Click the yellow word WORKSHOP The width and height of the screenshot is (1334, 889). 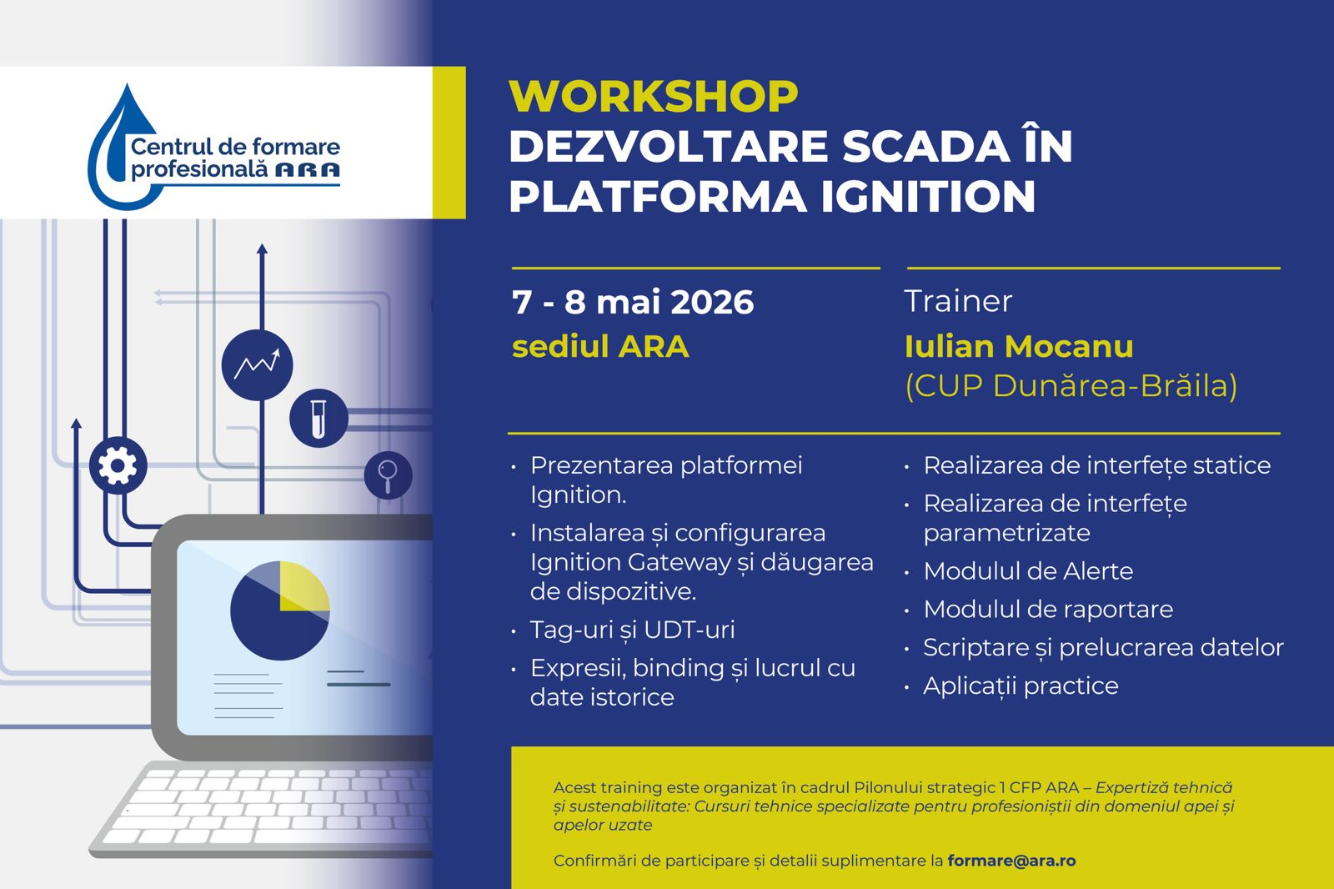[x=654, y=96]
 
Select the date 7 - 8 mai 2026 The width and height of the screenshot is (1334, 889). [x=633, y=302]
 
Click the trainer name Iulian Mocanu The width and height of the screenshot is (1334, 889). [x=1018, y=346]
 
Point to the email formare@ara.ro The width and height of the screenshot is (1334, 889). [x=1011, y=861]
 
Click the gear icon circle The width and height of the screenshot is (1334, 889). [x=118, y=465]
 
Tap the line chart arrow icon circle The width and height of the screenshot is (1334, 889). [x=258, y=364]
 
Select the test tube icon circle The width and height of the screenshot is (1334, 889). [x=318, y=419]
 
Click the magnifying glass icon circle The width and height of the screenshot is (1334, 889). [x=388, y=475]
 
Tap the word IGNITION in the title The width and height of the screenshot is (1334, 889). [x=929, y=196]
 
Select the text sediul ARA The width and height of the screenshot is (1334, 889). [x=600, y=346]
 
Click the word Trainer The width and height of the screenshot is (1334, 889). [x=958, y=301]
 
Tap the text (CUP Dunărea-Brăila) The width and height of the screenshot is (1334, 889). [x=1071, y=385]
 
